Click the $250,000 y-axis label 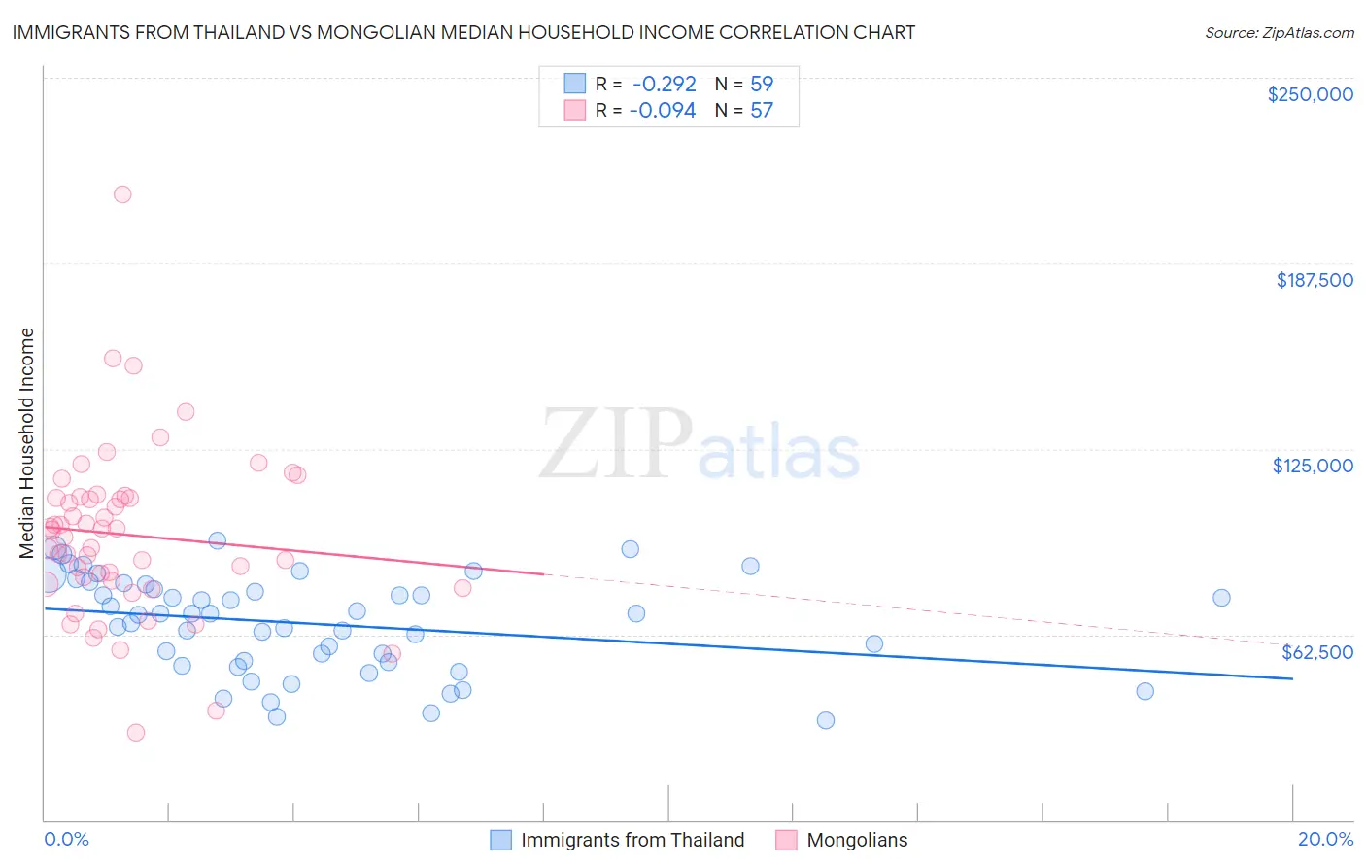[x=1310, y=94]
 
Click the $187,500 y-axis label [x=1314, y=280]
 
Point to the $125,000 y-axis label [x=1313, y=466]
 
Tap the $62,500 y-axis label [x=1317, y=652]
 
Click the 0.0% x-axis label [x=66, y=839]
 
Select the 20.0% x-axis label [x=1325, y=839]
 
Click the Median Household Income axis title [x=27, y=443]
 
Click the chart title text [x=463, y=32]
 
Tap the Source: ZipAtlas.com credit [x=1279, y=32]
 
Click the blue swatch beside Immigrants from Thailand [x=500, y=840]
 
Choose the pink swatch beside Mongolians [x=786, y=840]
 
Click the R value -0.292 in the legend [x=664, y=84]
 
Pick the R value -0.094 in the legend [x=663, y=110]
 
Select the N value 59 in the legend [x=762, y=84]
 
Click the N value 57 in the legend [x=762, y=110]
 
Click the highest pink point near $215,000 [x=122, y=194]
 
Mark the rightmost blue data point [x=1221, y=598]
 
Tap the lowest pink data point [x=136, y=733]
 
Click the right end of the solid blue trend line [x=1292, y=678]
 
